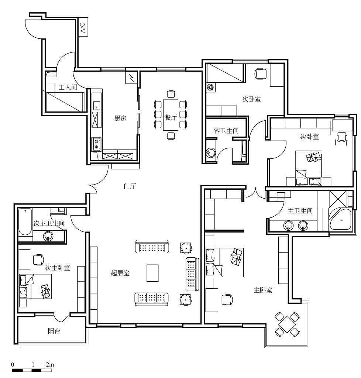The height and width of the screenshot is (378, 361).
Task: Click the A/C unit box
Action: point(83,27)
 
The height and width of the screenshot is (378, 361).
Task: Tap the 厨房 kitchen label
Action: point(120,118)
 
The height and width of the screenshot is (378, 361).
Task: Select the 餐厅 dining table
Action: point(171,115)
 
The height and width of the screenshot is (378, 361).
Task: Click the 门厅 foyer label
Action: point(130,186)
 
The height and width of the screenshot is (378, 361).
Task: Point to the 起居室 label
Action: point(120,273)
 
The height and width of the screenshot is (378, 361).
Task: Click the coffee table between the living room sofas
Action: point(152,273)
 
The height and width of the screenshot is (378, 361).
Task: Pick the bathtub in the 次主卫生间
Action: point(25,222)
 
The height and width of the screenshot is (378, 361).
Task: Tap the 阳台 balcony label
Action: point(54,331)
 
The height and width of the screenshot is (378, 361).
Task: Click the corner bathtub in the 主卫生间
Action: point(340,219)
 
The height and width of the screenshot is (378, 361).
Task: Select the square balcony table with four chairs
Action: point(287,324)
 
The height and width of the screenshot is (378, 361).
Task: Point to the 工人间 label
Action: point(68,87)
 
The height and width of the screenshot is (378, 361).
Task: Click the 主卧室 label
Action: point(263,290)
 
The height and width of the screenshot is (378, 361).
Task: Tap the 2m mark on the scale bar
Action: point(50,364)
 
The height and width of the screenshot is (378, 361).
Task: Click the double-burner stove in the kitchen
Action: point(97,144)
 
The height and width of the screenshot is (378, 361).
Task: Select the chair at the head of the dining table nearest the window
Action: point(171,94)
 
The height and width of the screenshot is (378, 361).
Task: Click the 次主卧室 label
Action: point(58,268)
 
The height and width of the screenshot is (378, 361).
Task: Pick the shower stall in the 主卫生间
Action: point(338,199)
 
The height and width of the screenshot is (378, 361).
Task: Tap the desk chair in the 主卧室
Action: point(227,300)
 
